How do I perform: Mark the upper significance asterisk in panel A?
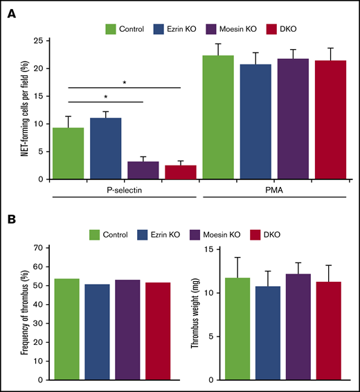coord(124,82)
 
